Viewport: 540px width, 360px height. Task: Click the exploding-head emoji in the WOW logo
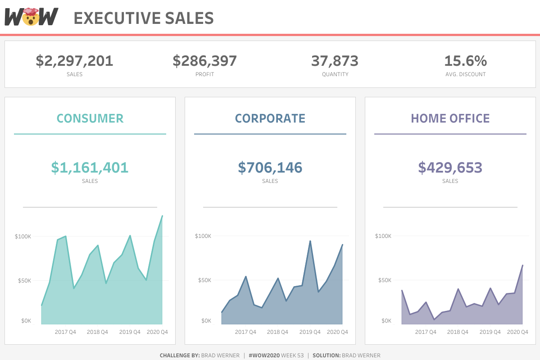click(31, 17)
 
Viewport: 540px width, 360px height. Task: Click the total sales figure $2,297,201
click(74, 61)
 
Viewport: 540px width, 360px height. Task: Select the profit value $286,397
click(204, 61)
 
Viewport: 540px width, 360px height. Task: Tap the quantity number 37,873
click(335, 61)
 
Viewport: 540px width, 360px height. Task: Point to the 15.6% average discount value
click(465, 61)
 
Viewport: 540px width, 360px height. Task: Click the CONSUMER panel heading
click(90, 118)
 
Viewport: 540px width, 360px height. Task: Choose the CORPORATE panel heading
click(270, 118)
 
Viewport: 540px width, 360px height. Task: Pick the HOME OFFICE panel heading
click(450, 118)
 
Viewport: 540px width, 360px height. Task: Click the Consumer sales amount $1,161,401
click(90, 168)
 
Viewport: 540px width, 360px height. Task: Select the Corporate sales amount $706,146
click(270, 168)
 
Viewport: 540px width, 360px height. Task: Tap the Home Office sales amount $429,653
click(450, 168)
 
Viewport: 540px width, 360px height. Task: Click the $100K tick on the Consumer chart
click(23, 236)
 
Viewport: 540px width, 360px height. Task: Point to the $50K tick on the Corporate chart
click(204, 280)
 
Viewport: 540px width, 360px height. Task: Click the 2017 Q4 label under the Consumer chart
click(65, 332)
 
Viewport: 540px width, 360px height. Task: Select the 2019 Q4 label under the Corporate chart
click(310, 332)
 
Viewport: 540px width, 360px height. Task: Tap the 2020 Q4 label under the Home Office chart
click(517, 332)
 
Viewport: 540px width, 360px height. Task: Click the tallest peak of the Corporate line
click(310, 241)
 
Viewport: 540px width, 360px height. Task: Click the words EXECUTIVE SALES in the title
click(143, 18)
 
